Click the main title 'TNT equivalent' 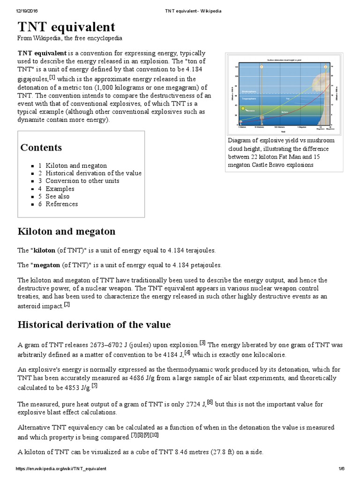(66, 26)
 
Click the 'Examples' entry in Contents (60, 188)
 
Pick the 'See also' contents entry (57, 196)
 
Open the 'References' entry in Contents (61, 204)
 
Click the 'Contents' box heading (41, 147)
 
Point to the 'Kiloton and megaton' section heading (66, 232)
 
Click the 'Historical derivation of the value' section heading (94, 324)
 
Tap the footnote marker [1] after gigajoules (52, 77)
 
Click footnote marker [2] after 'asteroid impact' (67, 304)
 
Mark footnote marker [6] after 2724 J (210, 402)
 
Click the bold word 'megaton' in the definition (45, 265)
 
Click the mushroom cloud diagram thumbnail (283, 94)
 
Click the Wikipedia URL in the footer (61, 469)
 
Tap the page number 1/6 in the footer (341, 469)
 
